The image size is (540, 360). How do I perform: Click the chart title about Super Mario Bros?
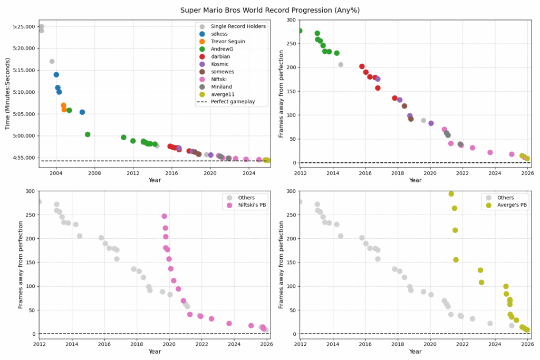tap(270, 10)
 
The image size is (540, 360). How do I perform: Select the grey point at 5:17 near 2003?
tap(52, 61)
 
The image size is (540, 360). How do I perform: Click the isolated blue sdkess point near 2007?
tap(82, 112)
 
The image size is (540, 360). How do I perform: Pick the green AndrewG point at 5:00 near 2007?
tap(88, 134)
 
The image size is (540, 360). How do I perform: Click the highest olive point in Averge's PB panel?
tap(451, 194)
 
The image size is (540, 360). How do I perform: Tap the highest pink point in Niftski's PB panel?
tap(164, 216)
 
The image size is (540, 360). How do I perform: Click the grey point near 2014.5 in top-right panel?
tap(341, 65)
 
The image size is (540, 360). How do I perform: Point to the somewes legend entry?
tap(224, 72)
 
